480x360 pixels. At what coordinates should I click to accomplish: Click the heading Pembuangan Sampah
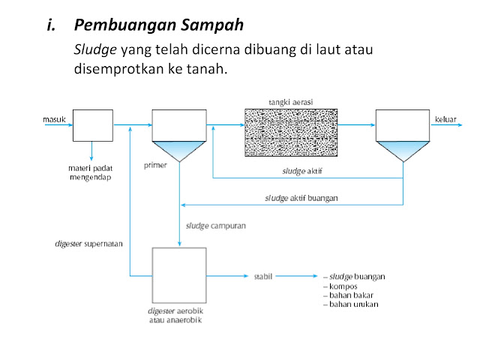159,25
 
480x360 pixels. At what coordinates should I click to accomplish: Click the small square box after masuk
92,124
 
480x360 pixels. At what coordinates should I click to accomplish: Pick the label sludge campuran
215,224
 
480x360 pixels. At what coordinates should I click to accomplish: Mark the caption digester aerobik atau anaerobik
179,315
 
